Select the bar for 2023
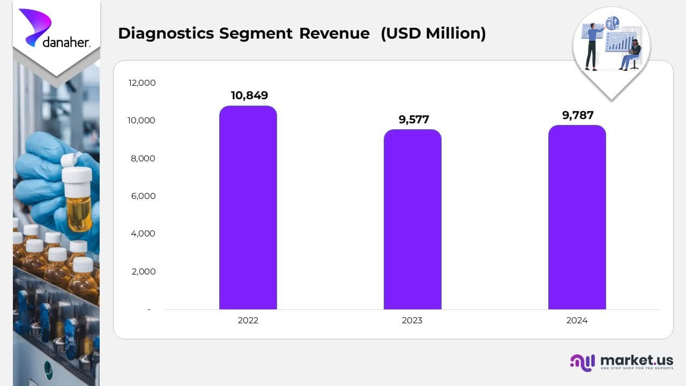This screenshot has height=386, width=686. click(x=412, y=220)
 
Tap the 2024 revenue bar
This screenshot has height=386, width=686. click(x=577, y=217)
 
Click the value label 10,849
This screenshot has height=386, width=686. click(x=249, y=95)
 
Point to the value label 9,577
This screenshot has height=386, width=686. click(x=414, y=120)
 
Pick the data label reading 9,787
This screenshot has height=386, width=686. click(x=578, y=115)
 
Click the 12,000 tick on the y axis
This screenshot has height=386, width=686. click(x=142, y=83)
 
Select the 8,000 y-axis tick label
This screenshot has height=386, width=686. click(x=142, y=158)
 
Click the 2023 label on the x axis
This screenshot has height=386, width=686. click(x=412, y=321)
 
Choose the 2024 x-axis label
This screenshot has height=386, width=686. click(x=577, y=321)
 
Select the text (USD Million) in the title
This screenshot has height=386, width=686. click(x=433, y=33)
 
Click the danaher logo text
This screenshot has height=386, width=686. click(x=65, y=42)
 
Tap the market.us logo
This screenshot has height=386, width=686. click(x=622, y=362)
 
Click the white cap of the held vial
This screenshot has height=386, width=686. click(x=77, y=175)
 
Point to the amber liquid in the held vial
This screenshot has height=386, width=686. click(x=79, y=213)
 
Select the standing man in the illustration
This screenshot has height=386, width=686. click(x=592, y=46)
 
